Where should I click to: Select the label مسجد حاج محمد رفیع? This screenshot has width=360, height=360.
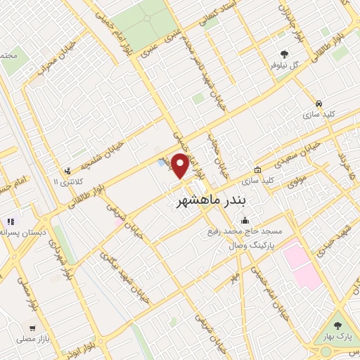tap(244, 231)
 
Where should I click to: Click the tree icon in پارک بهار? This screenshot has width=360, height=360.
tap(337, 325)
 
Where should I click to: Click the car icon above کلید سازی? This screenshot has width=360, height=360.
tap(319, 103)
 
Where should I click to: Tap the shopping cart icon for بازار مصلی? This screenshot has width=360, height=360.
tap(32, 328)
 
